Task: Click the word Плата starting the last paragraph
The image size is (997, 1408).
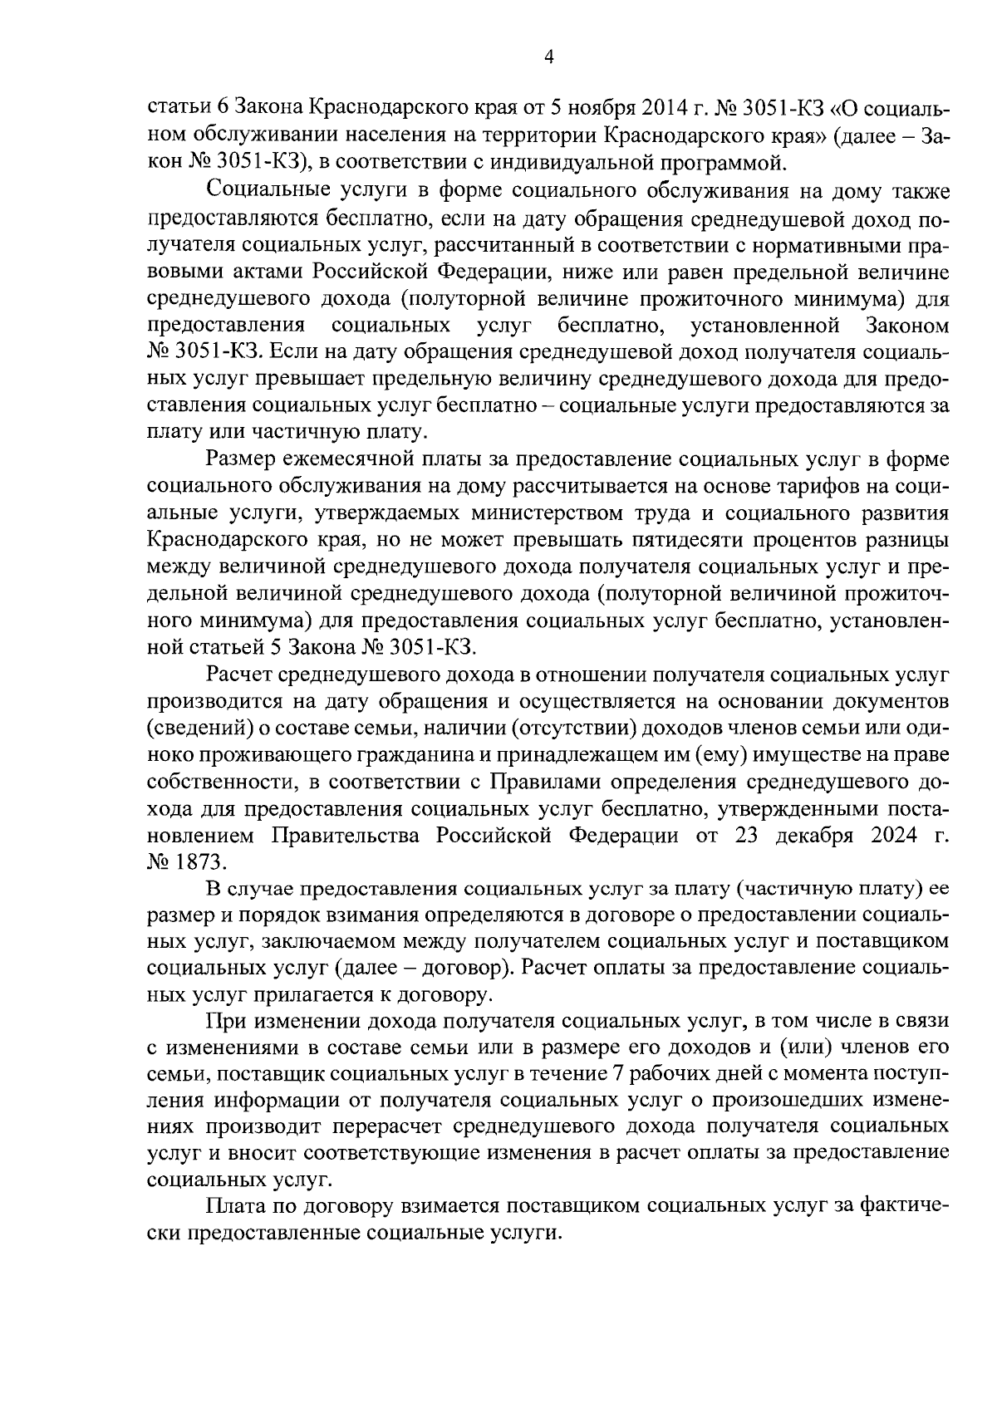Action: [x=241, y=1205]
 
